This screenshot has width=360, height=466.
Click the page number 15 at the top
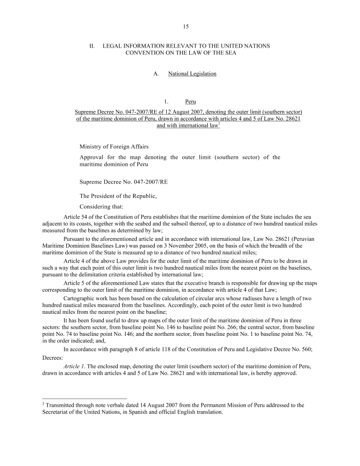click(x=186, y=26)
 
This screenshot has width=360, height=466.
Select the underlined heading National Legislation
click(x=192, y=74)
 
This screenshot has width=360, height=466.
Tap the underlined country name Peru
click(x=191, y=102)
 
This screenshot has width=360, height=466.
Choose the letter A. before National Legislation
click(x=156, y=74)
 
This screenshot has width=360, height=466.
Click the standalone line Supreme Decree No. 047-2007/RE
click(x=124, y=181)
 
